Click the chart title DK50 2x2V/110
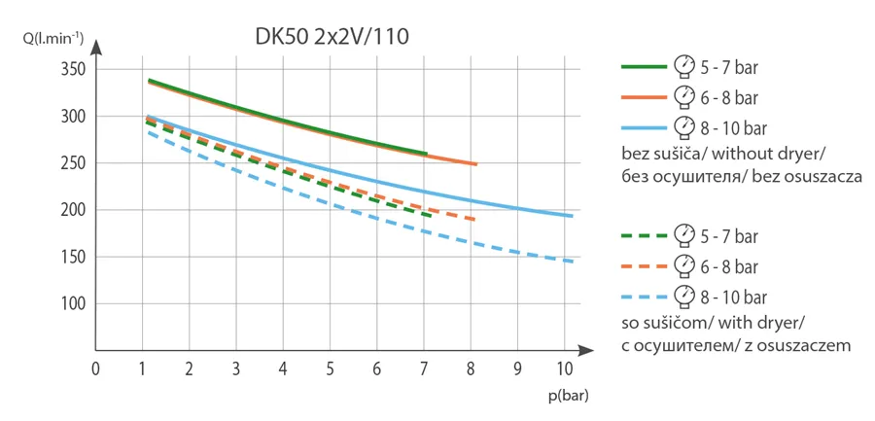(x=332, y=38)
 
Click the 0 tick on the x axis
(x=95, y=369)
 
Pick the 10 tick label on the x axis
(x=565, y=369)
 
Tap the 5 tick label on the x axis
(x=330, y=369)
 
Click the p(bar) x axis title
(x=568, y=397)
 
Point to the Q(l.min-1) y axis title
(x=53, y=39)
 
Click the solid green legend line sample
(x=644, y=66)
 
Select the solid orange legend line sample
(x=644, y=97)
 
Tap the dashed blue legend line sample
(x=644, y=296)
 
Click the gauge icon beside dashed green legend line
(x=684, y=235)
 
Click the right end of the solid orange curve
(x=476, y=164)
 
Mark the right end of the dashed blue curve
(x=572, y=262)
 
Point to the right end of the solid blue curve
(x=572, y=216)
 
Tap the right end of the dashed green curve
(x=431, y=216)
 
